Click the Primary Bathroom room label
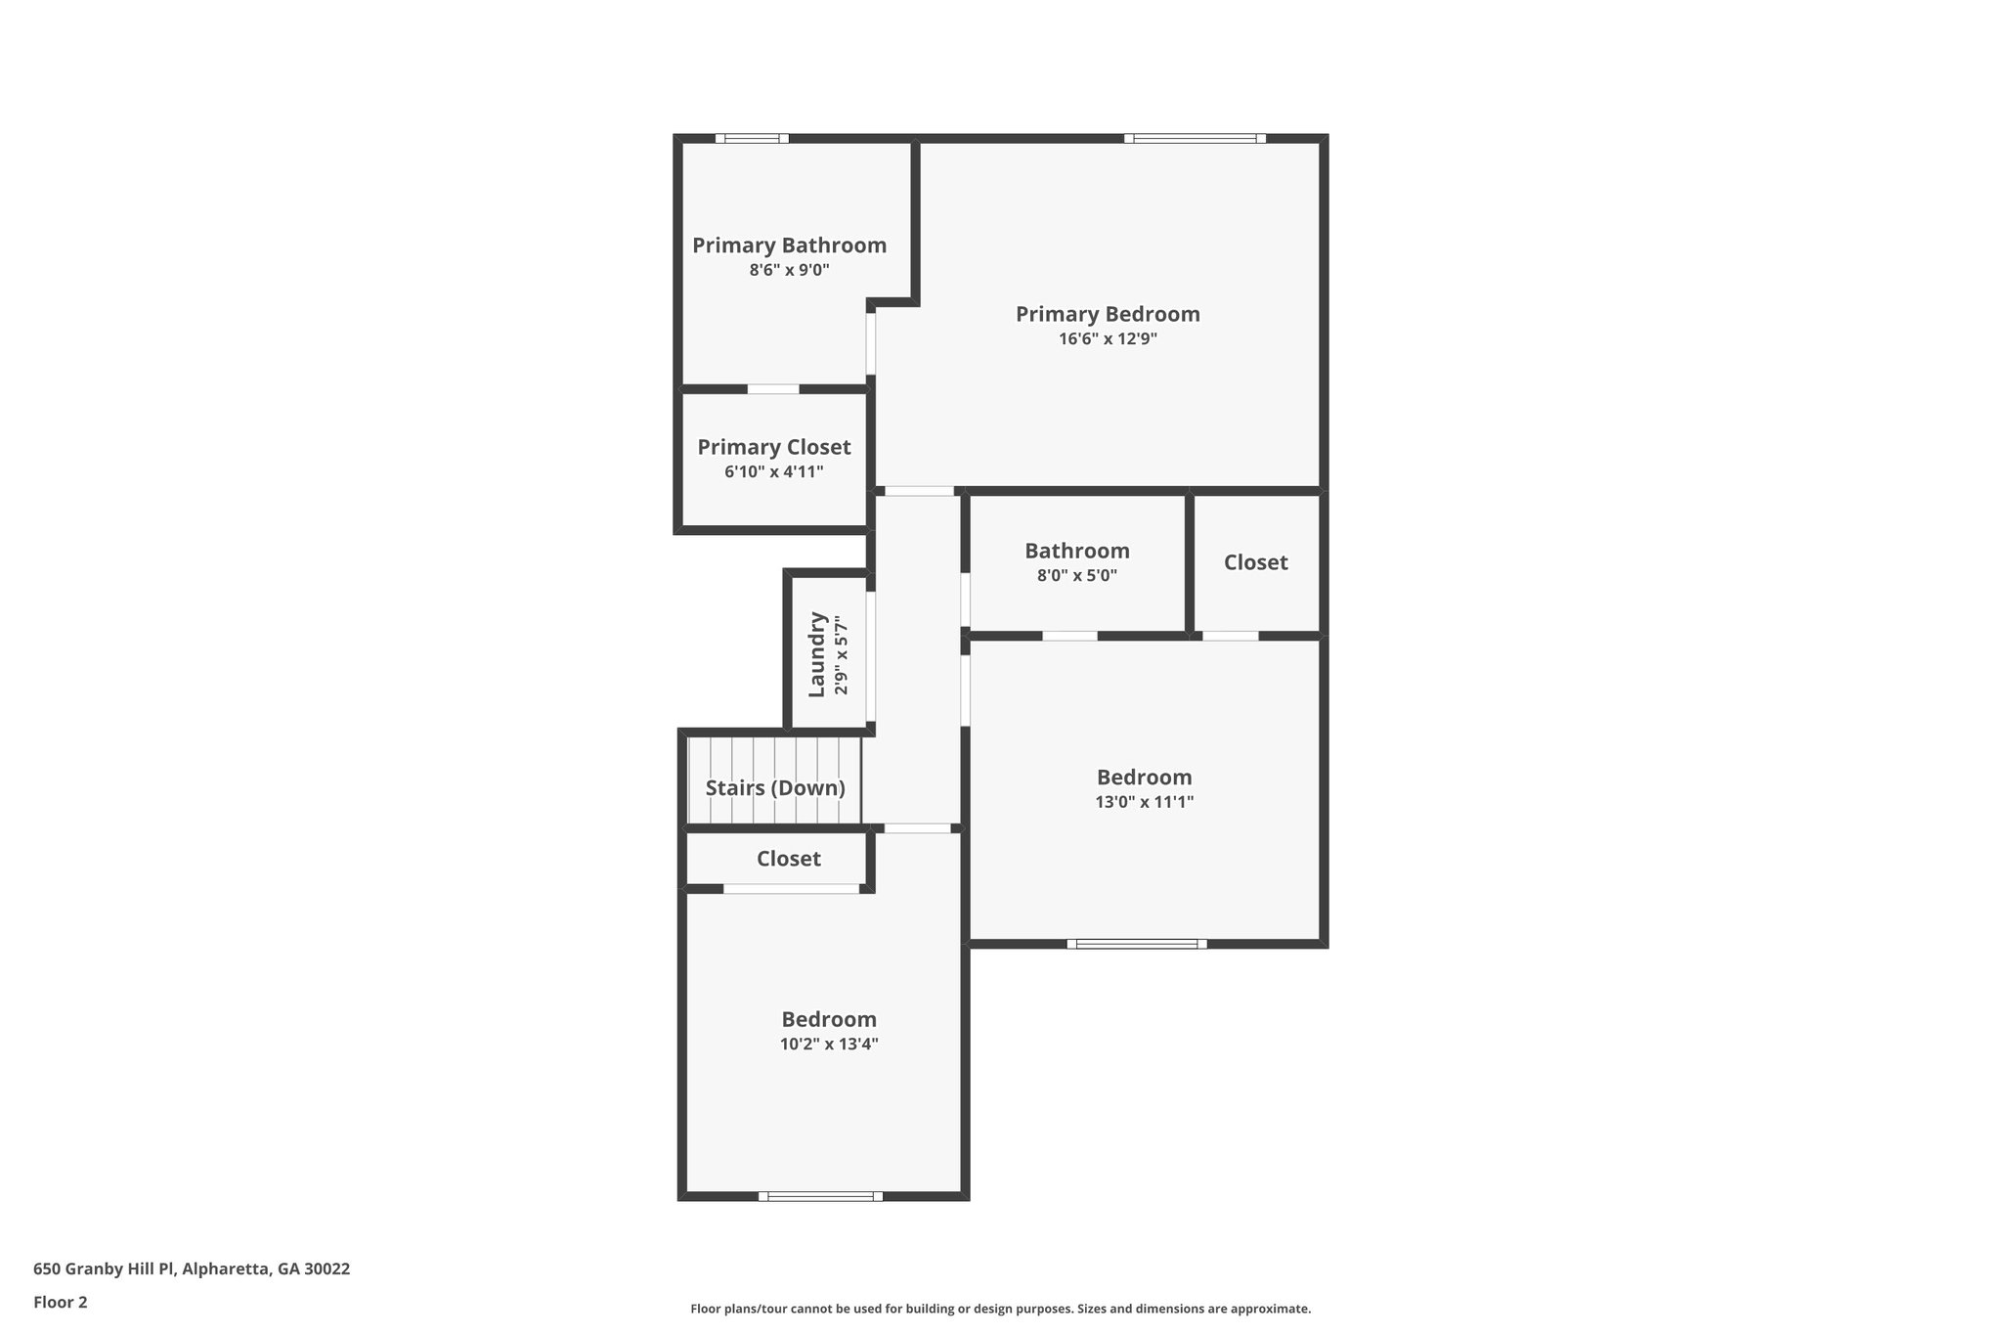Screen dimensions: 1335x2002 click(789, 245)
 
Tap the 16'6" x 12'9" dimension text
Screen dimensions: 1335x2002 click(1108, 339)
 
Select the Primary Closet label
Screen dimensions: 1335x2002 click(773, 447)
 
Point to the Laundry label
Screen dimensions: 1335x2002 click(817, 654)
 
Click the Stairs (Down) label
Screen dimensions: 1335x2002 click(775, 787)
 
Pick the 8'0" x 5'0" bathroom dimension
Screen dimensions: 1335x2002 click(1076, 576)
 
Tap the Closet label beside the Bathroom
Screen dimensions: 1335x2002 click(1255, 562)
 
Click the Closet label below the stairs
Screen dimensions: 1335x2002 click(788, 859)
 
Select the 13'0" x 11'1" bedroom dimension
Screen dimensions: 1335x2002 click(1144, 802)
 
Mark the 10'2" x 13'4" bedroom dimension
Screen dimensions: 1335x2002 click(828, 1044)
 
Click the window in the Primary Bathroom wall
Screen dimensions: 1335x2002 click(752, 139)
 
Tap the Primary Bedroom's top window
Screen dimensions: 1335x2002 click(1195, 139)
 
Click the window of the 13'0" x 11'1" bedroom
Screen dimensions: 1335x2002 click(1136, 944)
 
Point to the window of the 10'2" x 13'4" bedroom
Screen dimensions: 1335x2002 click(820, 1195)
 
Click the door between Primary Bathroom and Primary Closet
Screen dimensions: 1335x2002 click(772, 389)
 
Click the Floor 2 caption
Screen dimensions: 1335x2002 click(60, 1302)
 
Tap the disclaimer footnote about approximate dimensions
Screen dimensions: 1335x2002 click(1000, 1309)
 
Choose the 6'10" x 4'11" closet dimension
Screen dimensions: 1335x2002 click(773, 472)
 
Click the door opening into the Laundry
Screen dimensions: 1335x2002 click(870, 655)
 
